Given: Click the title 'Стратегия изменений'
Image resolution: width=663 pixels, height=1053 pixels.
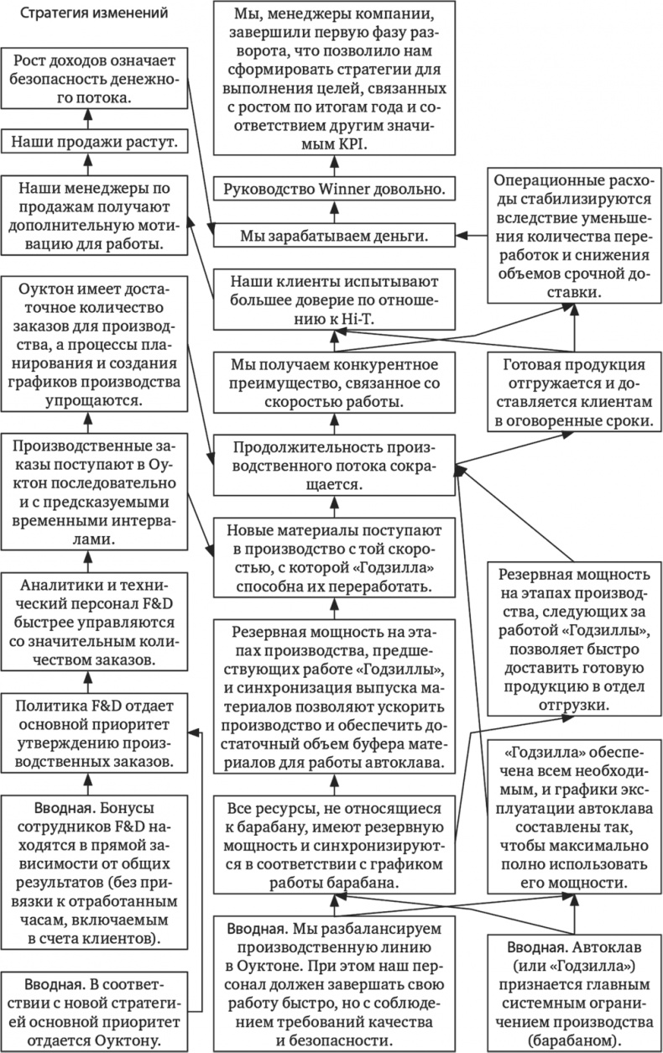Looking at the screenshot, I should (93, 14).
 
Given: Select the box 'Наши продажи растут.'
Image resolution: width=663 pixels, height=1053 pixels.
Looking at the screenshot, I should (93, 142).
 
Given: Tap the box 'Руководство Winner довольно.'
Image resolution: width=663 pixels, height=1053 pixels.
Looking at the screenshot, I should (334, 190).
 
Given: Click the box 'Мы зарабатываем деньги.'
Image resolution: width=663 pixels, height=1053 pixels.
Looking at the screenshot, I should (334, 236).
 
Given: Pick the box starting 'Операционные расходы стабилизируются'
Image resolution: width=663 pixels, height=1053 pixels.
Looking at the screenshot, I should (573, 237).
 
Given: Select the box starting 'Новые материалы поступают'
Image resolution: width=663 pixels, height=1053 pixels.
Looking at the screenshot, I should (334, 557).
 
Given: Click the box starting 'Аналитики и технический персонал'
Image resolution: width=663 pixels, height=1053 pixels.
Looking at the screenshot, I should (93, 622).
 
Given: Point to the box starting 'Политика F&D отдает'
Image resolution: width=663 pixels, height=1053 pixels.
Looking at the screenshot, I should (93, 731).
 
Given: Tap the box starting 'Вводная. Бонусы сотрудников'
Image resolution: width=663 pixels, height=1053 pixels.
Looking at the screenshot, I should (93, 873).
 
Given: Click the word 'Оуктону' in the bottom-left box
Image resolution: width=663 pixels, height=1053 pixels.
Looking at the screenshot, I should (133, 1036).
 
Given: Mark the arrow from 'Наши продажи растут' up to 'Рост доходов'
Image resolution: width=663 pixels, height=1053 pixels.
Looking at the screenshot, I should (93, 119).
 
